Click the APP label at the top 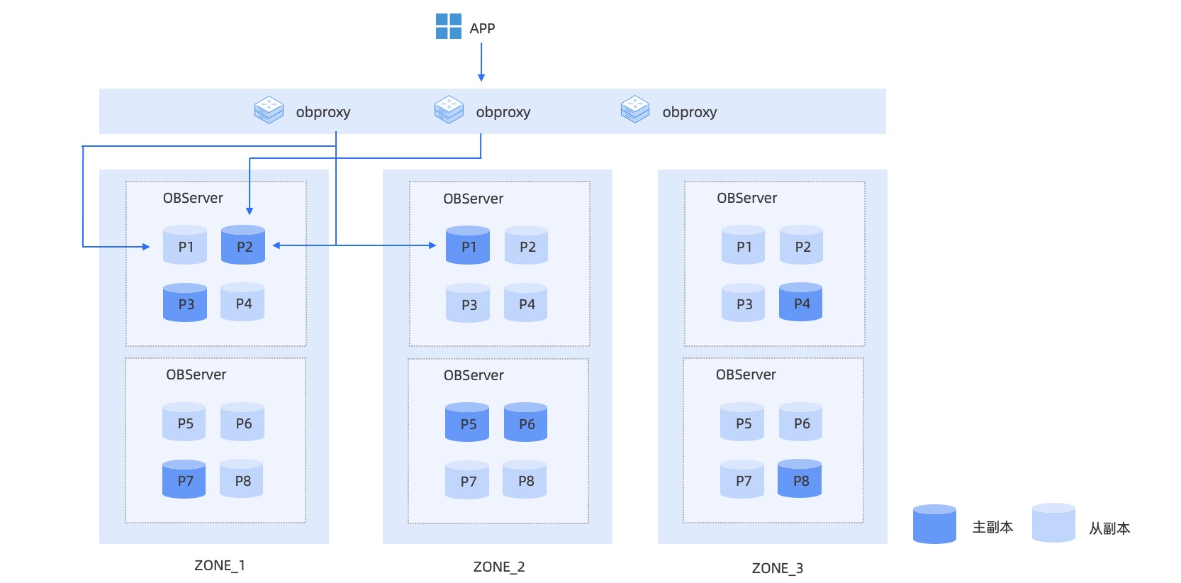(x=482, y=28)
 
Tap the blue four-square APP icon (x=449, y=26)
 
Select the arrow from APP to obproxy (x=481, y=62)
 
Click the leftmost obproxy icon (x=269, y=110)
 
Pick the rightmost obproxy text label (x=690, y=112)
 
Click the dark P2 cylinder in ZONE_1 (x=243, y=245)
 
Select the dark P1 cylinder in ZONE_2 (x=468, y=245)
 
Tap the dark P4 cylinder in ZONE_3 (x=800, y=302)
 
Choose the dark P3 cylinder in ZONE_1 (x=185, y=302)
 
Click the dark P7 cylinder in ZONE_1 (x=184, y=479)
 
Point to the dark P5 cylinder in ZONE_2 (x=467, y=422)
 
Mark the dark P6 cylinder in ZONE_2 (x=526, y=422)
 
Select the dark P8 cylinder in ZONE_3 (x=800, y=479)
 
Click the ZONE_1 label (x=220, y=565)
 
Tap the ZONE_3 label (x=778, y=568)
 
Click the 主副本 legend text (x=992, y=527)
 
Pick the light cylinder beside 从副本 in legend (x=1053, y=523)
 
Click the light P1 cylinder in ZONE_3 (x=743, y=245)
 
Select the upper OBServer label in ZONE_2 (x=473, y=199)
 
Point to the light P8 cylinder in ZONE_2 (x=525, y=479)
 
